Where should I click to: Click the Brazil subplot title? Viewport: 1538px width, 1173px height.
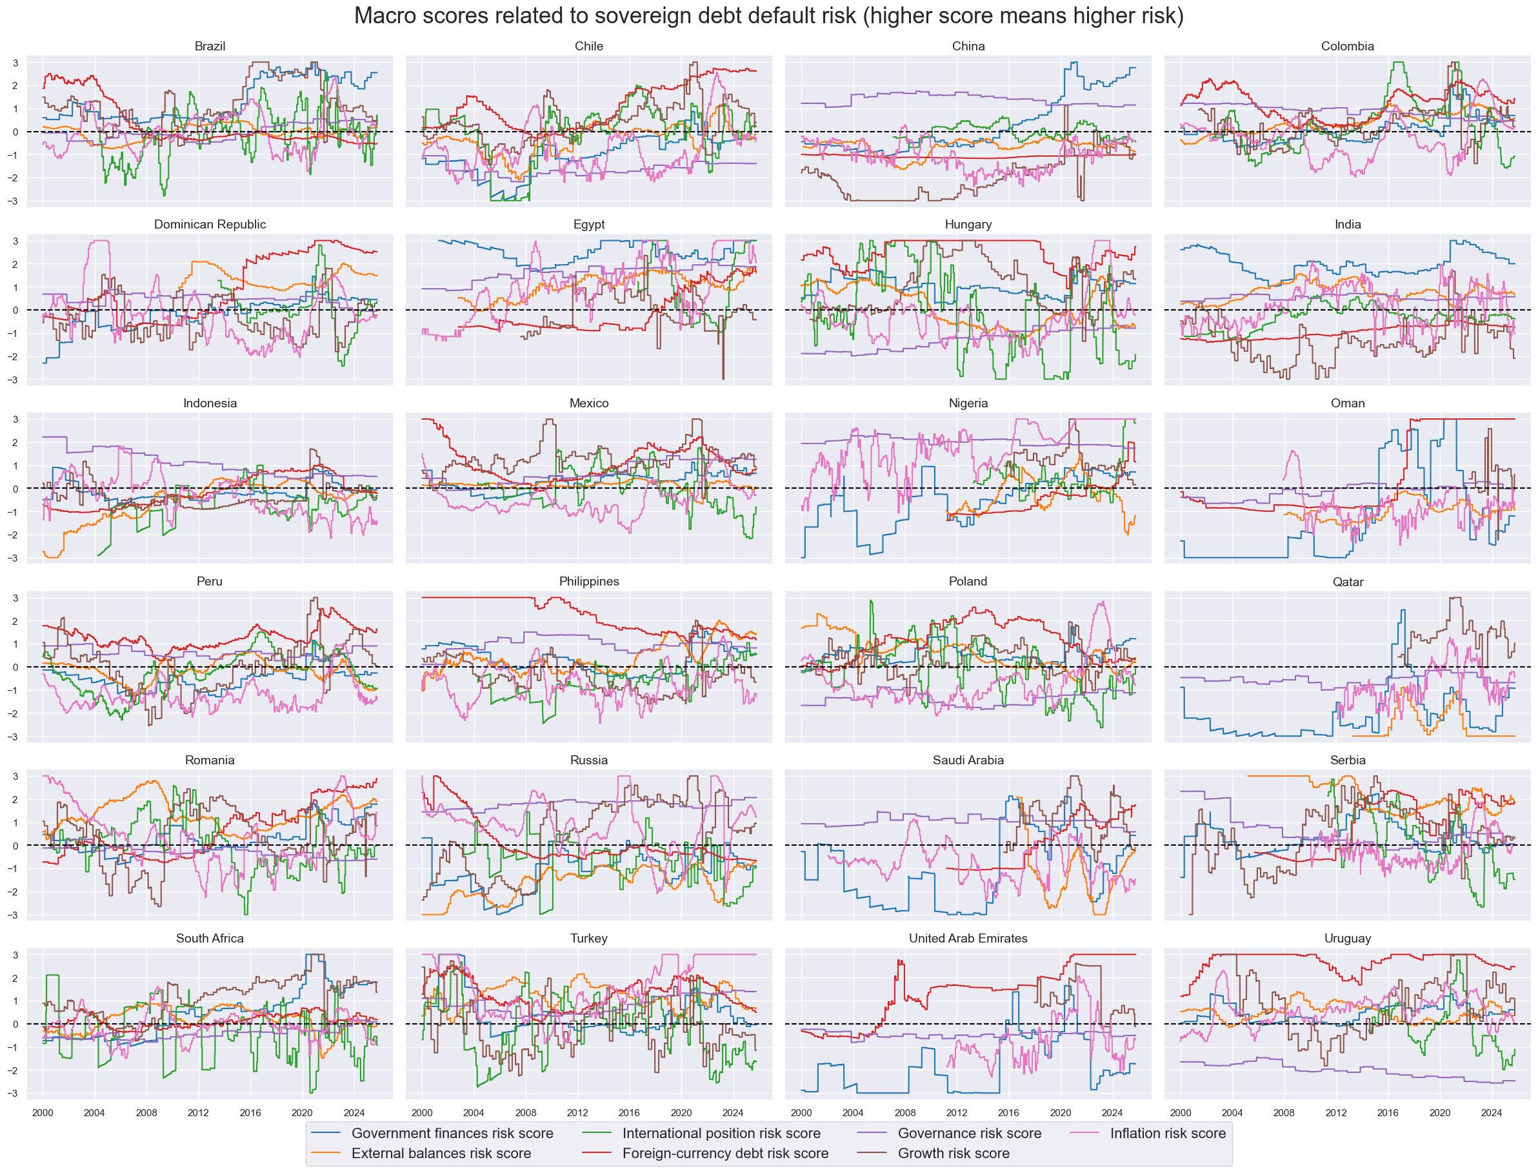click(x=210, y=46)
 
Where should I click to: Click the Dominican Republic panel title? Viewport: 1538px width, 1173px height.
click(x=210, y=224)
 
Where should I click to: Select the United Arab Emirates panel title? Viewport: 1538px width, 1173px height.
click(x=967, y=939)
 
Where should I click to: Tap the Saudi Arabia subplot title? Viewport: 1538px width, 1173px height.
click(x=967, y=760)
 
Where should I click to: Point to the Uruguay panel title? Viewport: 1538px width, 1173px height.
click(x=1347, y=939)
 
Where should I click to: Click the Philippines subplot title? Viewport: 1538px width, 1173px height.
click(x=588, y=582)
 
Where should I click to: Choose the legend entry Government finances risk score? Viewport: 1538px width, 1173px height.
click(x=452, y=1133)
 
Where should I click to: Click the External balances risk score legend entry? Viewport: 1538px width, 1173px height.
click(x=441, y=1154)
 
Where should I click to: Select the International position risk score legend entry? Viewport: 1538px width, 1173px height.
click(x=721, y=1133)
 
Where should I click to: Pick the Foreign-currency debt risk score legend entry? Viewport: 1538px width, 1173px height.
click(x=725, y=1154)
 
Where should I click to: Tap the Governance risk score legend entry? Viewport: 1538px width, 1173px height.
click(x=968, y=1133)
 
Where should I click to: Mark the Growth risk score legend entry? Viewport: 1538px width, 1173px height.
click(x=954, y=1154)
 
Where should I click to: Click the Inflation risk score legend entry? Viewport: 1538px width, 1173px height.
click(x=1168, y=1133)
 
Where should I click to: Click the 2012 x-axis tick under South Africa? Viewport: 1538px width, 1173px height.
click(x=198, y=1113)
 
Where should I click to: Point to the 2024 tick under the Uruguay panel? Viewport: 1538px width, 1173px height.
click(x=1492, y=1113)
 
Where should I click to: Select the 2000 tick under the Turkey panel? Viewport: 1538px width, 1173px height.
click(x=421, y=1113)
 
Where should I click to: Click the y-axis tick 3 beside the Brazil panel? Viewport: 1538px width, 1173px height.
click(x=15, y=63)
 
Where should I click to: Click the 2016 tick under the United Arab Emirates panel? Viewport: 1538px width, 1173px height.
click(x=1008, y=1113)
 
